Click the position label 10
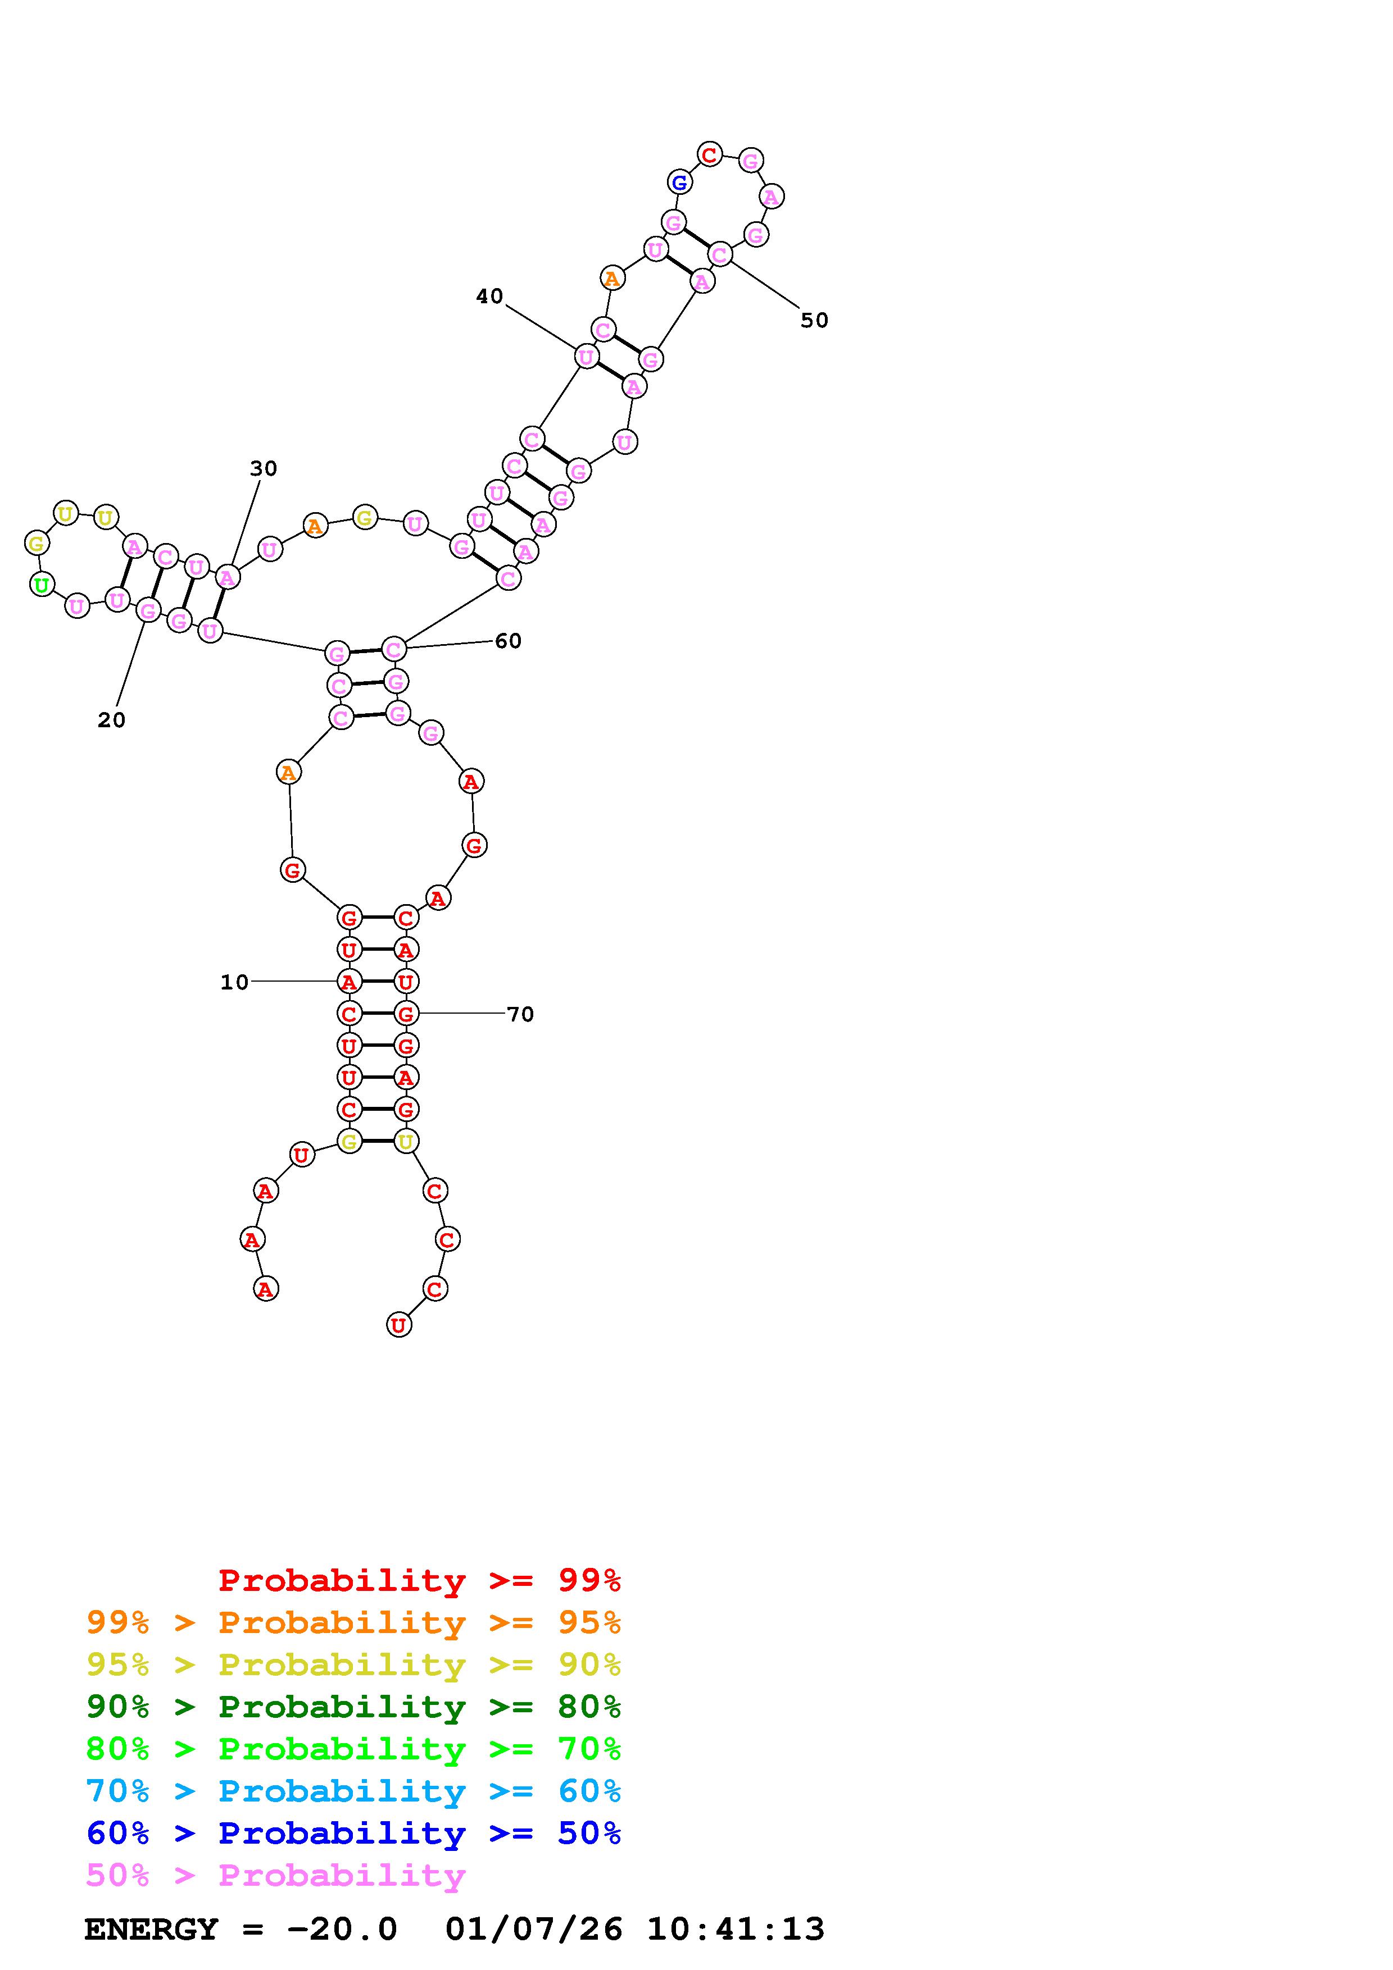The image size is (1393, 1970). (234, 982)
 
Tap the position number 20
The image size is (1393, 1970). (112, 720)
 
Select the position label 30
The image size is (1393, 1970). (264, 468)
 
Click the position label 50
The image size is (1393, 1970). (815, 321)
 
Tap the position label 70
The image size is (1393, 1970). (520, 1014)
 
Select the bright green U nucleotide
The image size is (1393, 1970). (41, 585)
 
